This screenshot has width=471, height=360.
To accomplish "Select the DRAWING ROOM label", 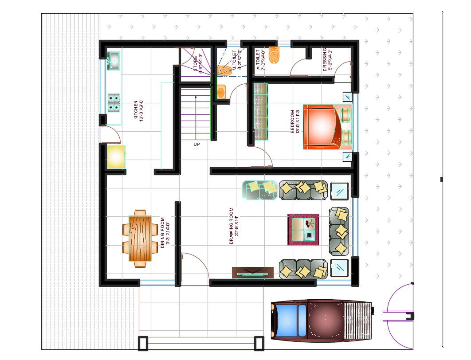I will [234, 226].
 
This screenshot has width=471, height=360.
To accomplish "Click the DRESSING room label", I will [327, 59].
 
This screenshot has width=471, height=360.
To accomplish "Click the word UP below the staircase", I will [196, 145].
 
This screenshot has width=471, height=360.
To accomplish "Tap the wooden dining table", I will [140, 238].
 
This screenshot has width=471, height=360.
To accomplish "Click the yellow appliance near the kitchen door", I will [116, 157].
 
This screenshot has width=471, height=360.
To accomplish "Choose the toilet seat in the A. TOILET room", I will [276, 56].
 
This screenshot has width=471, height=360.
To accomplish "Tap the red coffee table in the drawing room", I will [303, 229].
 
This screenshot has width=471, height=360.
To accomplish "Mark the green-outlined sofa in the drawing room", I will [260, 189].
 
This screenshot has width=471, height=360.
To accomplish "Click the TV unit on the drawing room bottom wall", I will [252, 273].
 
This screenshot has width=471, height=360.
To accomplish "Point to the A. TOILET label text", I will [261, 60].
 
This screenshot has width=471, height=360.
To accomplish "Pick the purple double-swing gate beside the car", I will [399, 315].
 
